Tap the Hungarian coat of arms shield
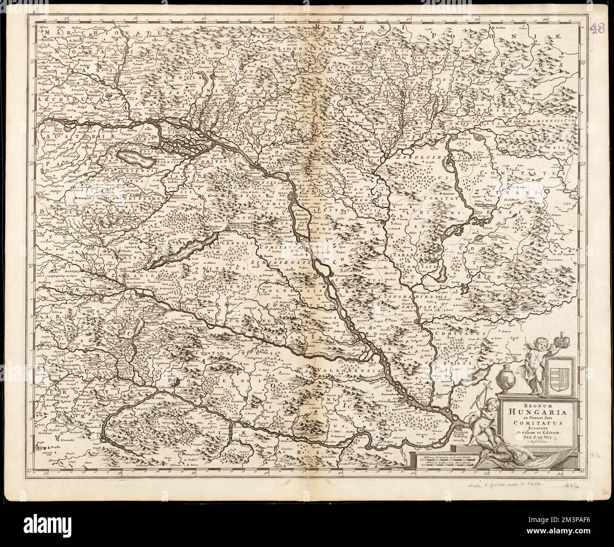[559, 377]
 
